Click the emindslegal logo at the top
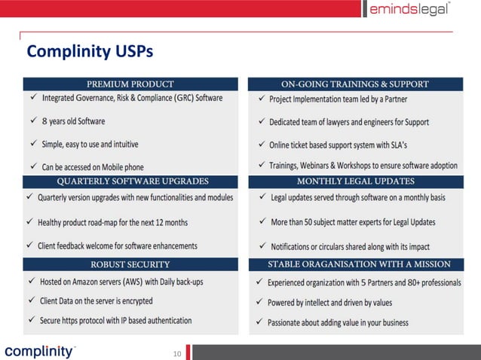pyautogui.click(x=410, y=9)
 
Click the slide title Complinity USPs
pyautogui.click(x=89, y=51)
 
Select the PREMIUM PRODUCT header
pyautogui.click(x=130, y=84)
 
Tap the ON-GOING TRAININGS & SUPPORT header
pyautogui.click(x=354, y=84)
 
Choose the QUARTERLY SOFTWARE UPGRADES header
pyautogui.click(x=130, y=182)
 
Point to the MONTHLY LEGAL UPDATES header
pyautogui.click(x=354, y=182)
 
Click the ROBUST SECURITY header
pyautogui.click(x=130, y=264)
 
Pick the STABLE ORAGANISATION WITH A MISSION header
pyautogui.click(x=359, y=264)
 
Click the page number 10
pyautogui.click(x=178, y=353)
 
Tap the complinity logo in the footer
pyautogui.click(x=39, y=351)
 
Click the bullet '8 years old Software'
pyautogui.click(x=73, y=121)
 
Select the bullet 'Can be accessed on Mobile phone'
pyautogui.click(x=93, y=166)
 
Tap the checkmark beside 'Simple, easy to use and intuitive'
pyautogui.click(x=32, y=144)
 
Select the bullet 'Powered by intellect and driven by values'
pyautogui.click(x=329, y=303)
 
